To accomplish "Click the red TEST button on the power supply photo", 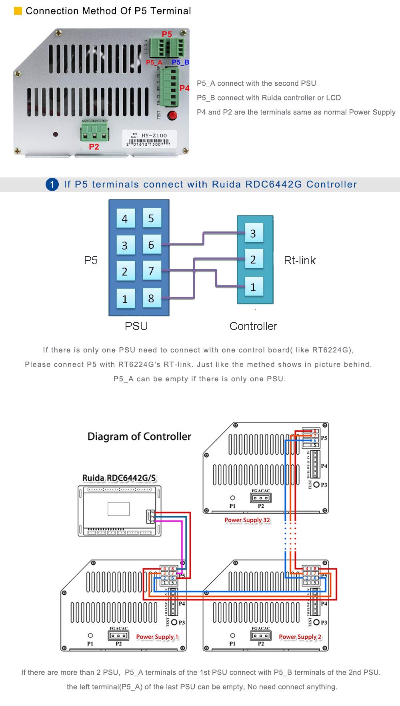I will coord(172,116).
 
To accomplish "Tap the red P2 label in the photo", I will coord(94,147).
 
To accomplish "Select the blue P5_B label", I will coord(180,62).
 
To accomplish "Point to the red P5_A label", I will coord(154,62).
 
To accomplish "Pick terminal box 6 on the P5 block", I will coord(151,245).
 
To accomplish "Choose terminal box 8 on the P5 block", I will coord(151,298).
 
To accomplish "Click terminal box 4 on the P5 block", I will coord(125,219).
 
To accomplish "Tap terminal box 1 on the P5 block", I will coord(125,299).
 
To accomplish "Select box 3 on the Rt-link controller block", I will coord(253,233).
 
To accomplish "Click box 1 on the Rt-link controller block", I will coord(253,287).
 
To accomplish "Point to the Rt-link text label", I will coord(300,261).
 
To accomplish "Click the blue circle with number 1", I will coord(52,185).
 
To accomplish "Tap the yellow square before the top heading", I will coord(18,11).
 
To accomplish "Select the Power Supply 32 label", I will coord(247,520).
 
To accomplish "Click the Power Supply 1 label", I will coord(157,637).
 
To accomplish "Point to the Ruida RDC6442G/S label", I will coord(119,478).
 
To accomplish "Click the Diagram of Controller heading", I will coord(139,436).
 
